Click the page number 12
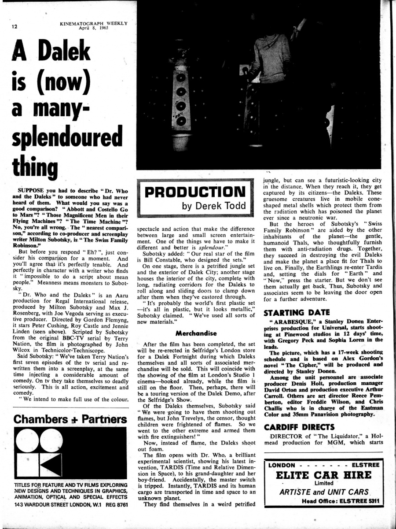pos(15,26)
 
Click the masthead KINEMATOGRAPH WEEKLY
pos(94,23)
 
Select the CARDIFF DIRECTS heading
pos(299,427)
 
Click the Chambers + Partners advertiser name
pos(70,418)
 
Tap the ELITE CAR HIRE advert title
pos(323,475)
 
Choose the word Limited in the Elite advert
pos(323,483)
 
